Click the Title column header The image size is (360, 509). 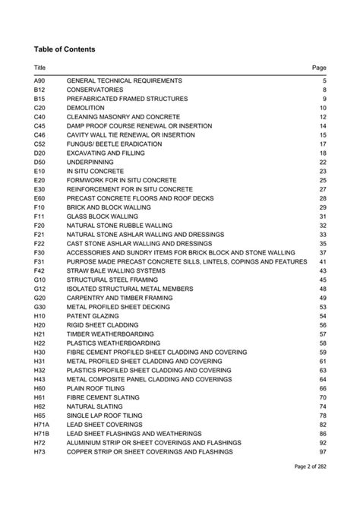point(40,68)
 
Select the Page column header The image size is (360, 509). point(319,68)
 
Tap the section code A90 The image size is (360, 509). point(40,81)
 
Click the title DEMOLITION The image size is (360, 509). point(86,108)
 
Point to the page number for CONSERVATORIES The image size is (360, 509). point(324,90)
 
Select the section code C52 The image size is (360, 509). point(40,144)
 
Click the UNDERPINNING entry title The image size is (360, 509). point(92,162)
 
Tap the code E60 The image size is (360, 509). point(40,198)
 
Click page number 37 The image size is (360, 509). point(322,252)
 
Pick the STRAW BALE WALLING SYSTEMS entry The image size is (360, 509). point(116,270)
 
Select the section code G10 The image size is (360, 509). point(40,280)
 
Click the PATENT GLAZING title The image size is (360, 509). point(93,316)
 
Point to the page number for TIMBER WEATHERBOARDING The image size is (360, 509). point(322,334)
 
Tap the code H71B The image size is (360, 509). point(42,433)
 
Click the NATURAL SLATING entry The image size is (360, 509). point(95,406)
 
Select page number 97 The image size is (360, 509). point(322,451)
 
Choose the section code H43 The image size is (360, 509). point(40,379)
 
